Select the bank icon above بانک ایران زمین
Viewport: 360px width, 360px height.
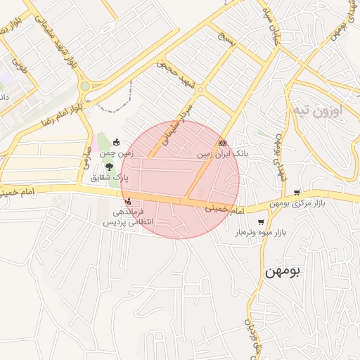pyautogui.click(x=222, y=143)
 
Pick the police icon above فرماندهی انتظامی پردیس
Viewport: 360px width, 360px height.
pyautogui.click(x=127, y=201)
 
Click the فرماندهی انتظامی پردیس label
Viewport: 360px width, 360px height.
pyautogui.click(x=124, y=216)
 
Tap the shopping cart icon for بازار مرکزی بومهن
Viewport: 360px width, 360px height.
pyautogui.click(x=297, y=193)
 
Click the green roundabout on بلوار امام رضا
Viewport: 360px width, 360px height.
pyautogui.click(x=85, y=86)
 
